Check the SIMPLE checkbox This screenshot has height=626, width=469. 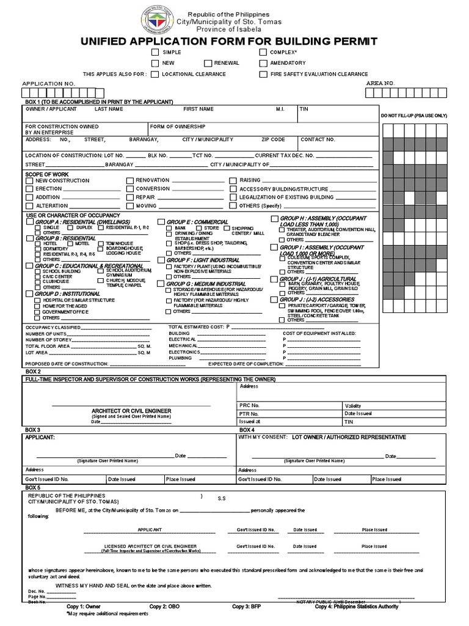[x=155, y=53]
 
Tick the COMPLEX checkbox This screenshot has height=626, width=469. [x=263, y=53]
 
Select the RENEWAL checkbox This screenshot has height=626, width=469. [x=208, y=64]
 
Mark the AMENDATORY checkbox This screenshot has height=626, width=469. [x=263, y=64]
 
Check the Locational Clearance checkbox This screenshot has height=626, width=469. [x=155, y=75]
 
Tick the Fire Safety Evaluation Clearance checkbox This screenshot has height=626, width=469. [x=263, y=75]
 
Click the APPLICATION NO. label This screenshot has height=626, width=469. [x=49, y=83]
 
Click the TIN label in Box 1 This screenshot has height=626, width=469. [x=304, y=109]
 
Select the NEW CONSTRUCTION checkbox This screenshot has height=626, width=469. [x=29, y=181]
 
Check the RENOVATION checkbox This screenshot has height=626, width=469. [x=129, y=181]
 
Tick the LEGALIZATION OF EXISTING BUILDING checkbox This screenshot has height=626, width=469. [x=233, y=197]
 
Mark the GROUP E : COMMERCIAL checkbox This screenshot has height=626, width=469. [x=161, y=222]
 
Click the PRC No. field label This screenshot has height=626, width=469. [x=250, y=405]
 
